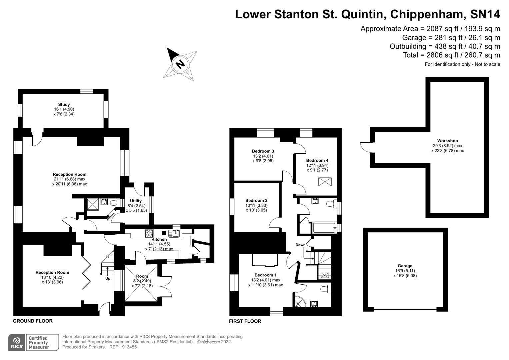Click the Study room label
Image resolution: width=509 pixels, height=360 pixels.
64,105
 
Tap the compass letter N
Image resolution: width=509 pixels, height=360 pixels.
180,63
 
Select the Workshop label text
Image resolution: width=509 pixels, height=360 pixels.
447,141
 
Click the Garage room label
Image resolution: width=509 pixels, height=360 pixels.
405,266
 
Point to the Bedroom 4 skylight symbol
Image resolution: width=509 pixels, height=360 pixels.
325,182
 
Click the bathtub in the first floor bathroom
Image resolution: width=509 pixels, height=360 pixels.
325,228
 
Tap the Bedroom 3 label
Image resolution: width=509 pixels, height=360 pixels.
263,151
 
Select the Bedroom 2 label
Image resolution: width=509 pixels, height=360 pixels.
256,201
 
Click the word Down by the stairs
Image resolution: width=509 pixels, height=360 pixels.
300,245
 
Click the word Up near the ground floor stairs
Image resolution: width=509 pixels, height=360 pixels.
108,278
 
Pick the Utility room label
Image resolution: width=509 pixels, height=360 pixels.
136,201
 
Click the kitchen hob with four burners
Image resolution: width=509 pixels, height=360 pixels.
149,234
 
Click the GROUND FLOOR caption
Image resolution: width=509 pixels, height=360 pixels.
33,321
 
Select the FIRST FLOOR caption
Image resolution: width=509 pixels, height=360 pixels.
245,321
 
